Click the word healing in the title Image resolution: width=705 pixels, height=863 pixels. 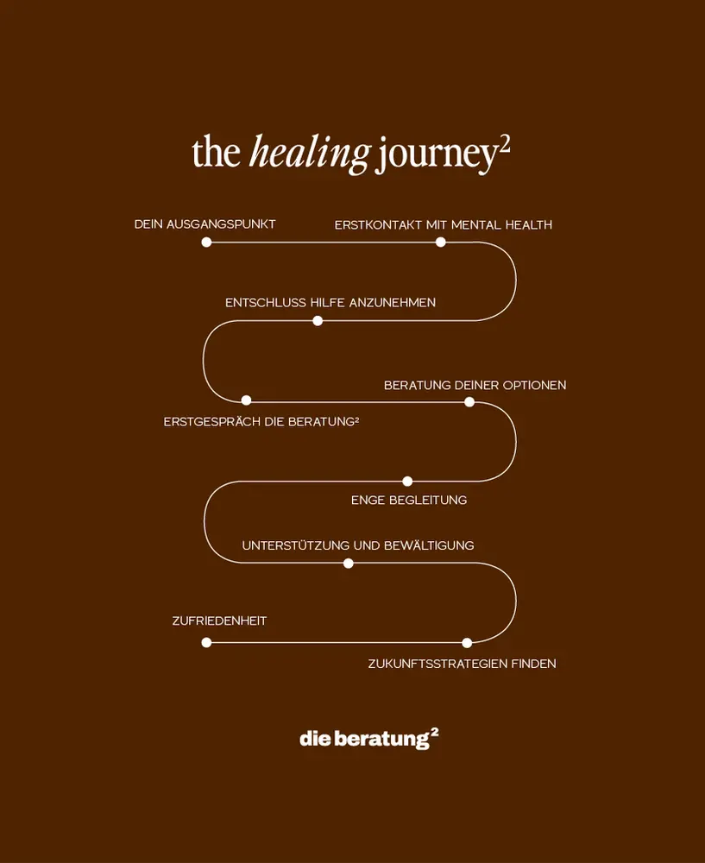[309, 154]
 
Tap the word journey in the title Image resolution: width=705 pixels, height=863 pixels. [437, 155]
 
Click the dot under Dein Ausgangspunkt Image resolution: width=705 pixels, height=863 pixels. [206, 243]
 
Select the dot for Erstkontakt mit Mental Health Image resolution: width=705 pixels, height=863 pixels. [441, 243]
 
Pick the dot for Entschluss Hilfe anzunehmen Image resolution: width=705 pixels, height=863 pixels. [318, 321]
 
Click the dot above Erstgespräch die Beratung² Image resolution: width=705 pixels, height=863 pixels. [246, 400]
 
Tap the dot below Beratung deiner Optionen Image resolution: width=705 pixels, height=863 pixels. [469, 401]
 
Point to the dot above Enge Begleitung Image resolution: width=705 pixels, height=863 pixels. [407, 482]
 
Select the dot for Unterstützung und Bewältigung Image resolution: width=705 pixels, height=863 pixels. [349, 564]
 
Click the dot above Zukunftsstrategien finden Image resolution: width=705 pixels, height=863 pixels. [467, 643]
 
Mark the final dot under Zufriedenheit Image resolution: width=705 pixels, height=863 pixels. [206, 643]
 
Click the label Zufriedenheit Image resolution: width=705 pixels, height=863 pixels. [219, 621]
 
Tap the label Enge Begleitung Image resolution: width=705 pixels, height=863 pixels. [409, 501]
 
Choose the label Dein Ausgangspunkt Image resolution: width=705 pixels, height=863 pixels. [205, 224]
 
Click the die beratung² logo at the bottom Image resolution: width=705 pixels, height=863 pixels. [369, 739]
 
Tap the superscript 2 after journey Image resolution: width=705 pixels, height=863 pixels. [505, 143]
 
